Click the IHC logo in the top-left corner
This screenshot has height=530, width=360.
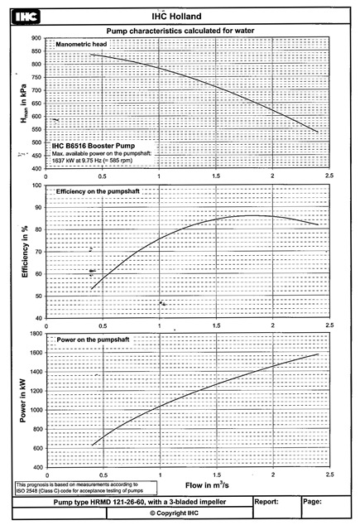pos(26,17)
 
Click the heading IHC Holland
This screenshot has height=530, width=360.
pos(176,17)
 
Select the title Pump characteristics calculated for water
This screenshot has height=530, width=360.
pos(180,31)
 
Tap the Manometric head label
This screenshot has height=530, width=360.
pos(81,44)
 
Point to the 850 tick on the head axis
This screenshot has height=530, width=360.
pos(36,51)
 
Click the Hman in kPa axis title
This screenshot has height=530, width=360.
pos(23,104)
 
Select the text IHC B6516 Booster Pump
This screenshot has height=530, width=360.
pos(94,146)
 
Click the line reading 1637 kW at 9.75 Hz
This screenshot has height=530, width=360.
pos(92,160)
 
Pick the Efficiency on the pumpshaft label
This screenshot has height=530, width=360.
pos(98,191)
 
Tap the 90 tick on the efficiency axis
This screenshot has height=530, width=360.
pos(38,208)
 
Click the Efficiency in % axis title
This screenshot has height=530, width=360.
pos(25,252)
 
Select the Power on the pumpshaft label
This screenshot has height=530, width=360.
pos(93,340)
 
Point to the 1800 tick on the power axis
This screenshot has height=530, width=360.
pos(36,334)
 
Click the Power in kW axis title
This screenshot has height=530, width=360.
pos(22,400)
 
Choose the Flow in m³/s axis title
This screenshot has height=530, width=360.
pos(207,485)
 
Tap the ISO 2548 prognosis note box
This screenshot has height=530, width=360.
pos(86,488)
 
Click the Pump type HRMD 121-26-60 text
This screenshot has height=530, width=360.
pos(140,502)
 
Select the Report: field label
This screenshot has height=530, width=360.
pos(266,502)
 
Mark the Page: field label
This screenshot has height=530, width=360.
pos(312,502)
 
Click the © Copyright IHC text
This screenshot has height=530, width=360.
pos(175,513)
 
